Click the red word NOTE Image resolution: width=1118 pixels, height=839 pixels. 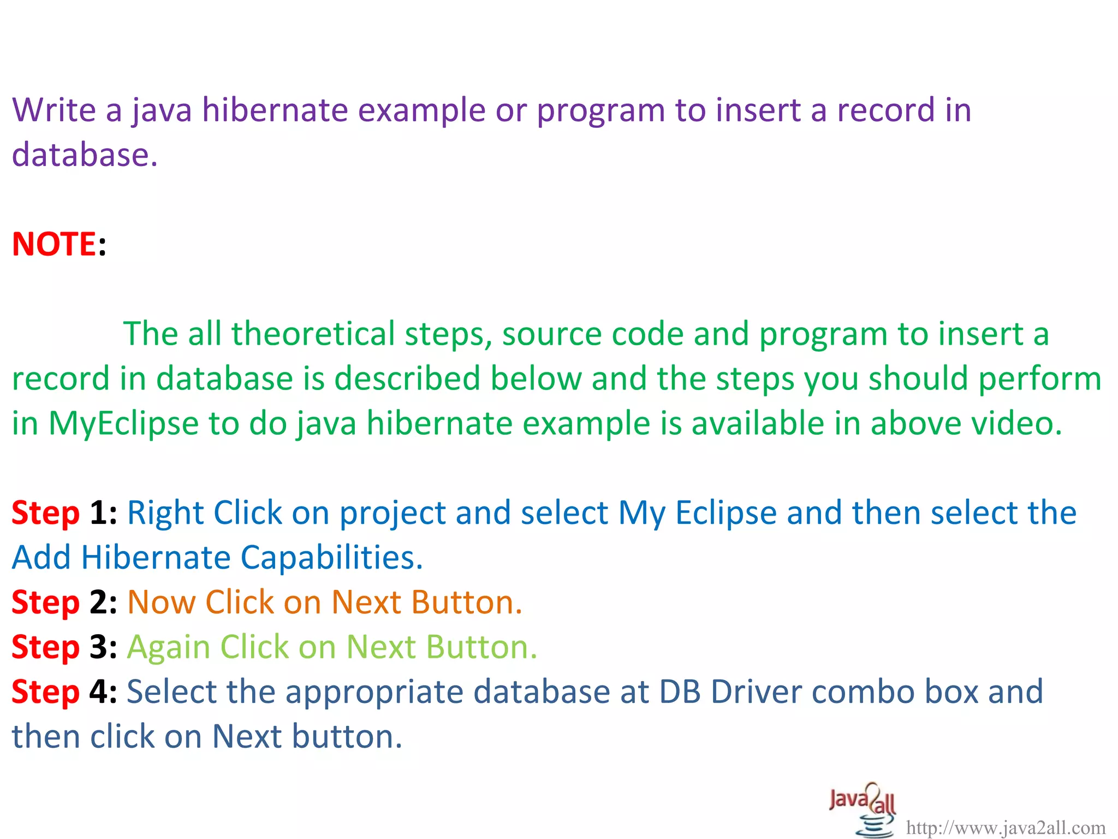coord(54,244)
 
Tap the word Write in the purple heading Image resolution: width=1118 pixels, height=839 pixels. coord(53,110)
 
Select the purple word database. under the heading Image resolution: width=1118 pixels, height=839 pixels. coord(85,155)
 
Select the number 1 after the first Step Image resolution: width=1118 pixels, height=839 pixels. coord(99,513)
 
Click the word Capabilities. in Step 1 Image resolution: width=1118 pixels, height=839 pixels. coord(331,558)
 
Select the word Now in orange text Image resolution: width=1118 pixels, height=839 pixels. coord(161,602)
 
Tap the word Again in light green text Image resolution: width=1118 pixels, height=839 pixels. coord(169,647)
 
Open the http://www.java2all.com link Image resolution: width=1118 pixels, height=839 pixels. coord(1006,828)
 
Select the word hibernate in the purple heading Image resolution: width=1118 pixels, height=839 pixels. coord(275,110)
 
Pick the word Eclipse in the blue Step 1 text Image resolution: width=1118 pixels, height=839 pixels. coord(725,513)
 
